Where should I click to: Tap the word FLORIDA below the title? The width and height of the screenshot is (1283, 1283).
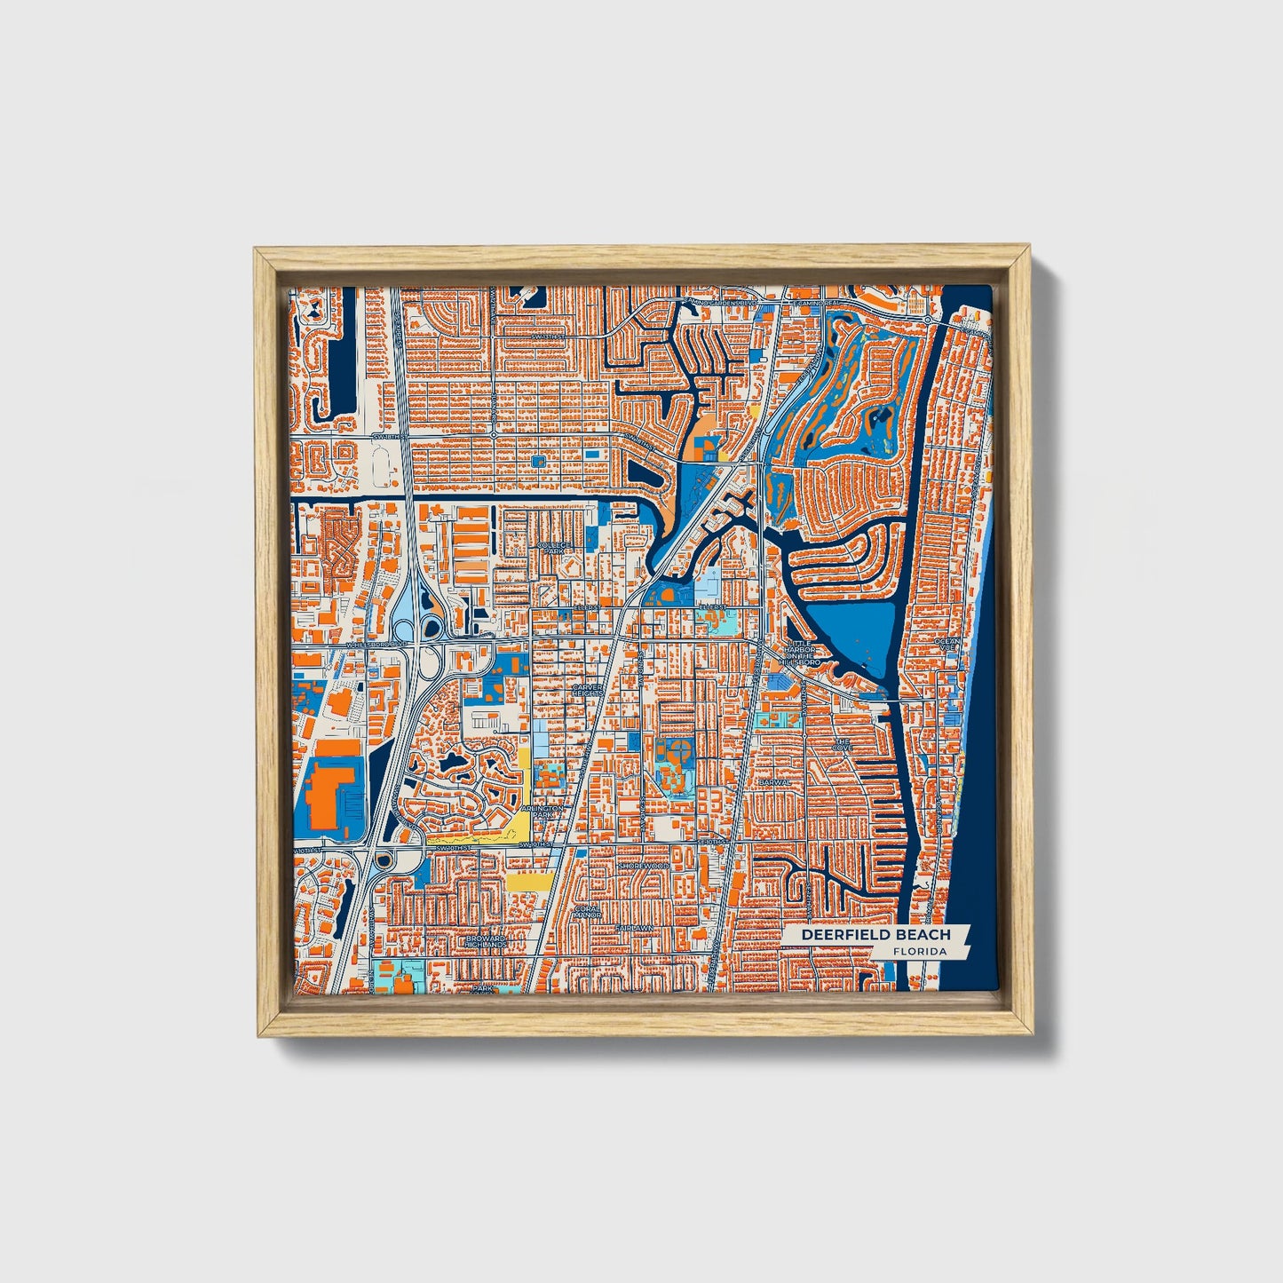point(920,952)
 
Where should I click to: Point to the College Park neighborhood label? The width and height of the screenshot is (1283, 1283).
point(552,546)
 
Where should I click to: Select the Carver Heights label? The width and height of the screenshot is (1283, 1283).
point(587,691)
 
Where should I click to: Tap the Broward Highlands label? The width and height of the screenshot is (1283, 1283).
point(486,941)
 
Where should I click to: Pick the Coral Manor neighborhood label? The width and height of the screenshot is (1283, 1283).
point(588,913)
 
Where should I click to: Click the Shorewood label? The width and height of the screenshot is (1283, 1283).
point(643,865)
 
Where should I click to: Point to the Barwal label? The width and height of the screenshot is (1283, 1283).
point(774,782)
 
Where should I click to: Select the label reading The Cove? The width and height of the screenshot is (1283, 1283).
point(842,745)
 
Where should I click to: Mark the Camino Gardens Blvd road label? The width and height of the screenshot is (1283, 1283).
point(720,303)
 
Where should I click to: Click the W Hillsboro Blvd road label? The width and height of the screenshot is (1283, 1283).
point(369,645)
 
